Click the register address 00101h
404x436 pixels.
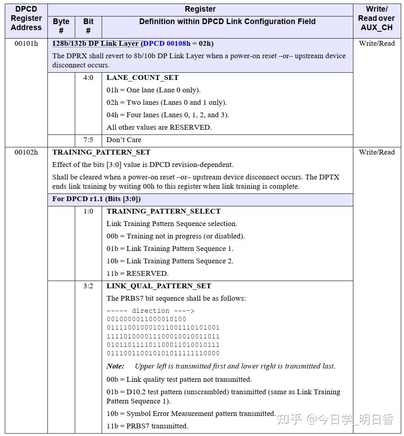[26, 43]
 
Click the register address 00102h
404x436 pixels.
[26, 152]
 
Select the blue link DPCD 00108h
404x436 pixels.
[166, 43]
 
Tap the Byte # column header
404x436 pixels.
[61, 26]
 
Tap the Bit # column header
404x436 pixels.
[88, 26]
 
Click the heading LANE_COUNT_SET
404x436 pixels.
[142, 77]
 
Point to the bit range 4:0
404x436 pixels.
[88, 77]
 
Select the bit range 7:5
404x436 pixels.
[88, 140]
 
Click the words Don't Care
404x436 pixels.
[124, 140]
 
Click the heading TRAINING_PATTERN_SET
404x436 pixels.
[101, 152]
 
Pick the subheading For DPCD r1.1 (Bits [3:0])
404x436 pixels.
[96, 199]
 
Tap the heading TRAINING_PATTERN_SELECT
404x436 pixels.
[164, 211]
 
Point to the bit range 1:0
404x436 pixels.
[88, 211]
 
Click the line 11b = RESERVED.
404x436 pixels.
[137, 273]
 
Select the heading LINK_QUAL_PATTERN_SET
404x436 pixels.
[159, 286]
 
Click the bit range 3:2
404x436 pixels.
[88, 286]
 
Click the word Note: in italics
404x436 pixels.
[115, 366]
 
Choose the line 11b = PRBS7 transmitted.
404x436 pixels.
[147, 426]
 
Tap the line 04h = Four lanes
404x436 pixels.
[168, 115]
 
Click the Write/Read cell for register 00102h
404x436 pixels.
[377, 152]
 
